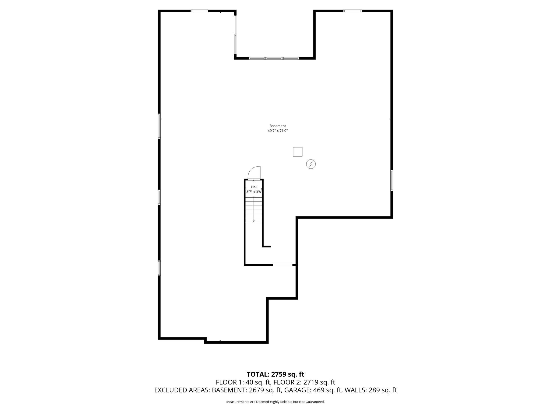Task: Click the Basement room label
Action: [278, 126]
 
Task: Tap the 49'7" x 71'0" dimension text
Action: [278, 131]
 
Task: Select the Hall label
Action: [254, 187]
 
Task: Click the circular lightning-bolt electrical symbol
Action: [311, 164]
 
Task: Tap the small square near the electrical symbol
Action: [298, 152]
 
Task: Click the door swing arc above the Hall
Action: [254, 173]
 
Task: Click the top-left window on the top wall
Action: [199, 11]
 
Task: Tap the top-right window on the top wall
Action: [352, 11]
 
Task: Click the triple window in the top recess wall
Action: [274, 58]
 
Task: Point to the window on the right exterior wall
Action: [391, 180]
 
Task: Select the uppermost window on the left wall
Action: [159, 126]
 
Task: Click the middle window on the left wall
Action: [159, 197]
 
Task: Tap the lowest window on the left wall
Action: [159, 268]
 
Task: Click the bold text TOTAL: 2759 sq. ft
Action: [275, 374]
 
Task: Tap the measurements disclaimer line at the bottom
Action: [275, 402]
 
